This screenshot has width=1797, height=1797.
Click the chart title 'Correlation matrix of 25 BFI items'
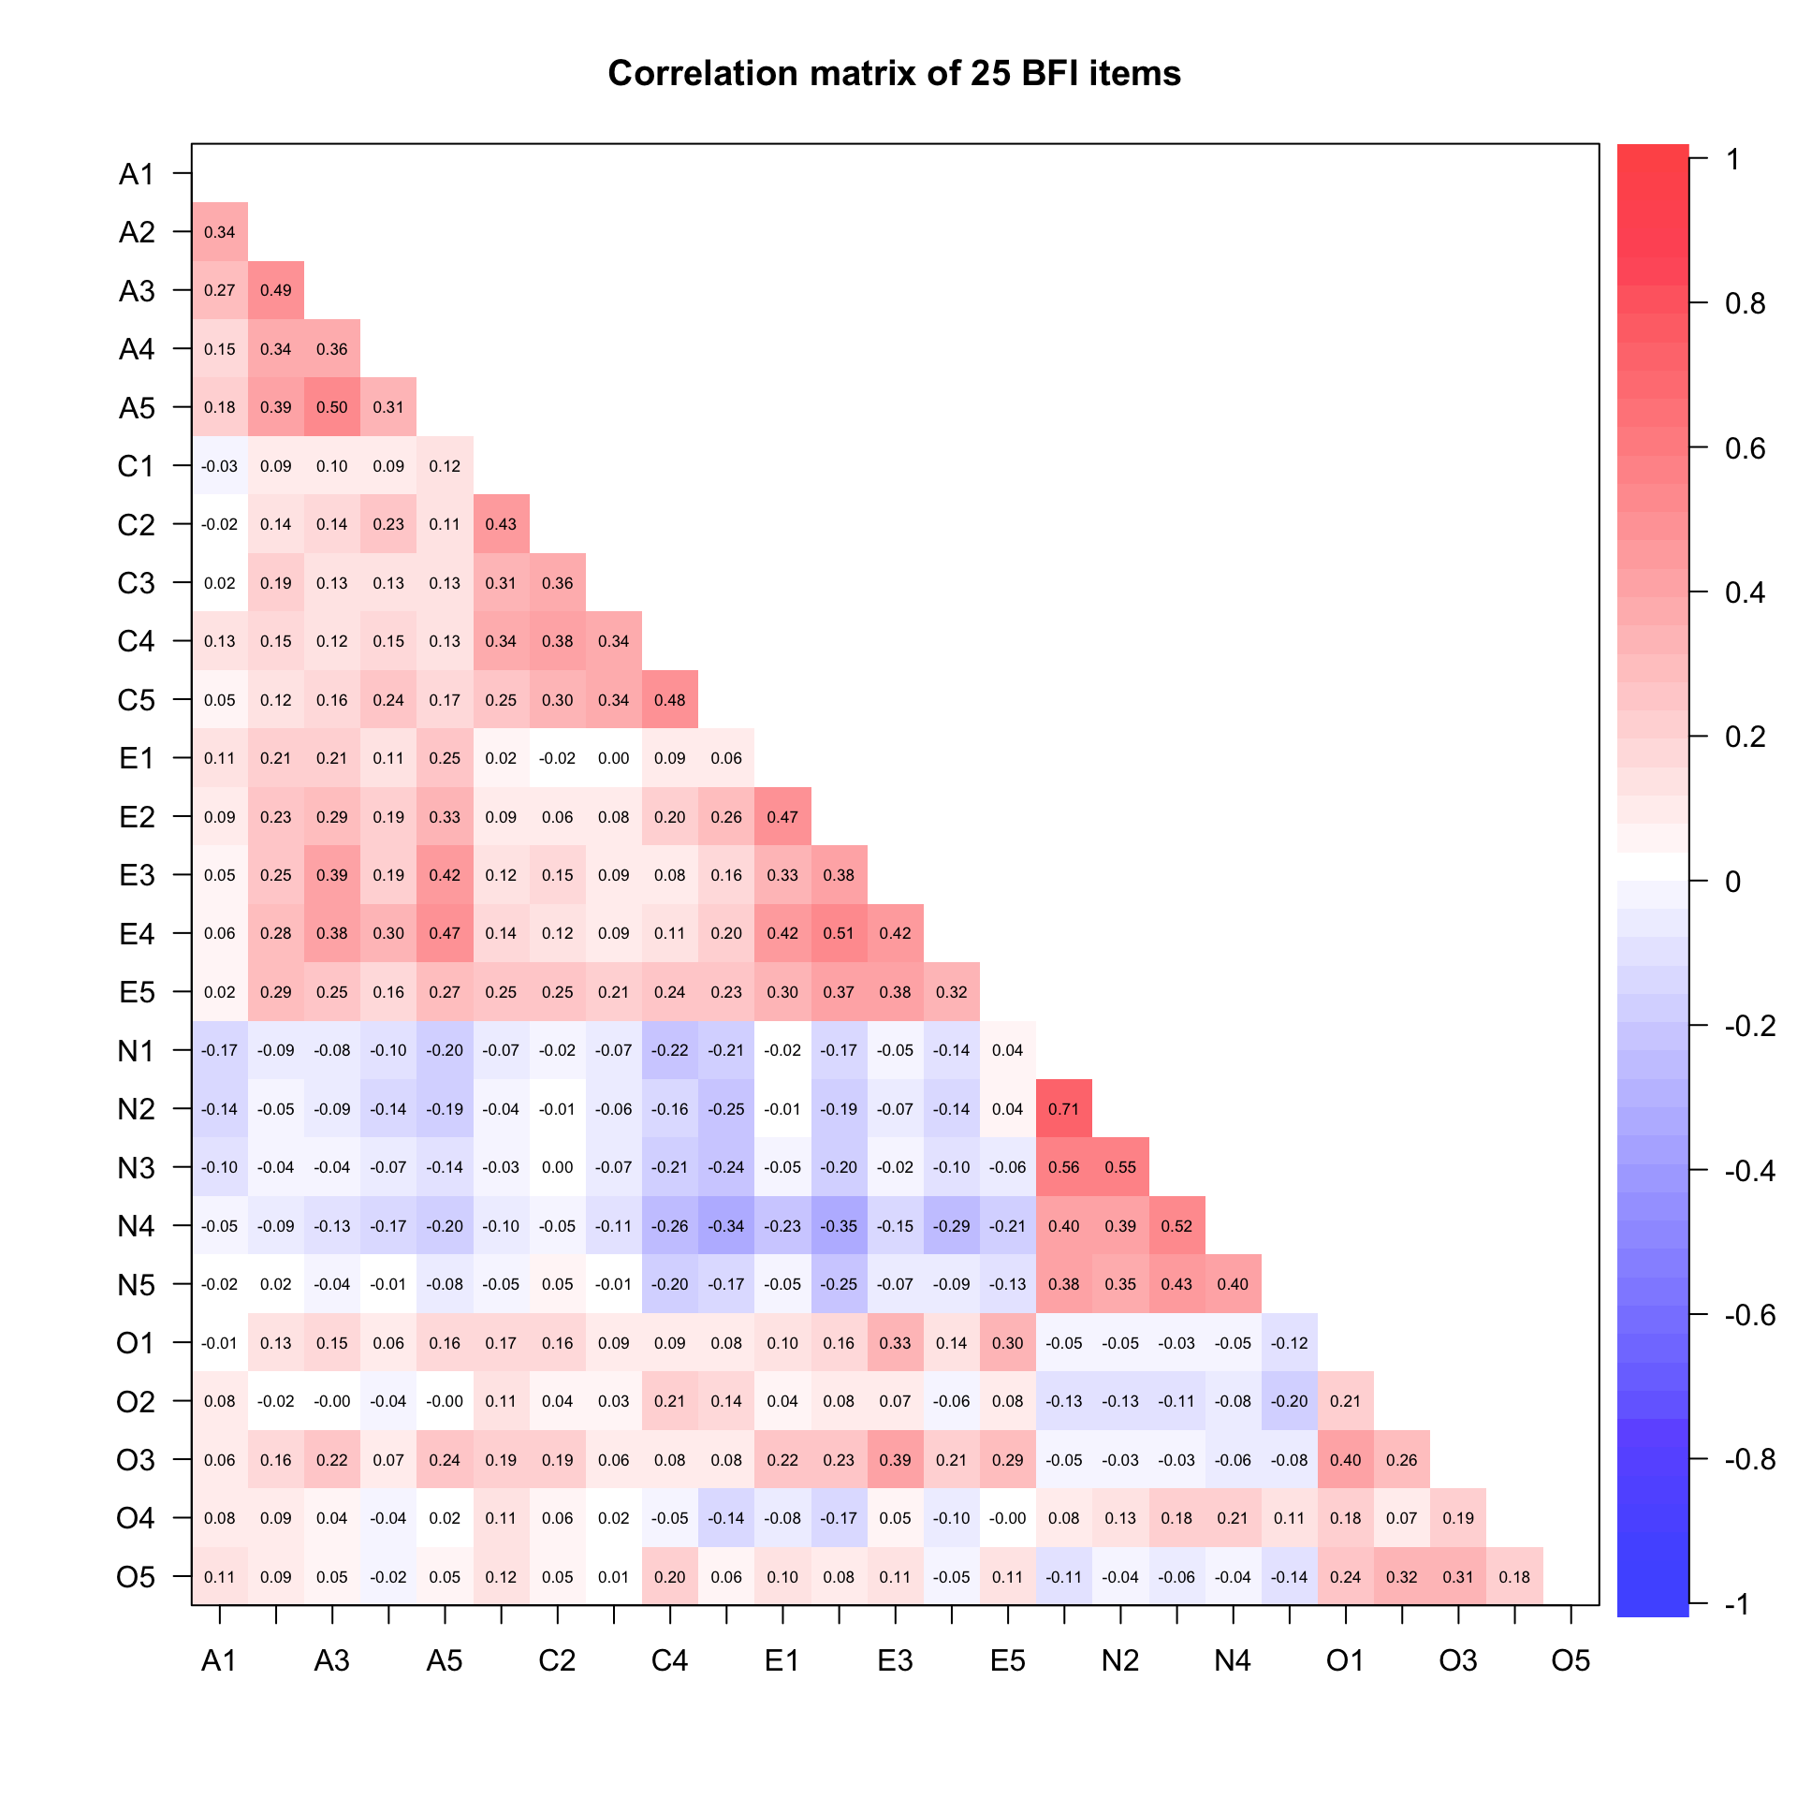[x=894, y=73]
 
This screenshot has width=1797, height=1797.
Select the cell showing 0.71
[x=1064, y=1109]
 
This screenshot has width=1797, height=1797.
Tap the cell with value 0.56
[x=1064, y=1167]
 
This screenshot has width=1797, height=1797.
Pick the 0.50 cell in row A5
[x=332, y=407]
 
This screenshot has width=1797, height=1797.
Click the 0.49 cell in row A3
[x=276, y=290]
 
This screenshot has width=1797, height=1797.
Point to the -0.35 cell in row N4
[x=839, y=1226]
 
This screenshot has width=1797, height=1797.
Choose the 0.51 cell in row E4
[x=839, y=933]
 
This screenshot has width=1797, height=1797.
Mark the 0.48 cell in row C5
[x=670, y=700]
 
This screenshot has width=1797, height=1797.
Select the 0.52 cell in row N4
[x=1176, y=1226]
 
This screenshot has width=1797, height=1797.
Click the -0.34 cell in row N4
[x=726, y=1226]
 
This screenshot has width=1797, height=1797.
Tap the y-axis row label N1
[x=136, y=1051]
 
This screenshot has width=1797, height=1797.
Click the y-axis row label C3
[x=136, y=583]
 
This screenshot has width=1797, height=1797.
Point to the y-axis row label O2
[x=136, y=1402]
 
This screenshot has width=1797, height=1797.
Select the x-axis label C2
[x=557, y=1660]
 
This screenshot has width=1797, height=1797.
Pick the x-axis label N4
[x=1233, y=1660]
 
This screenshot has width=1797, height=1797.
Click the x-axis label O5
[x=1571, y=1660]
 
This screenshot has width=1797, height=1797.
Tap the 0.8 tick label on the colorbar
[x=1745, y=303]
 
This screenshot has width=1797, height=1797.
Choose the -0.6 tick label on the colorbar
[x=1749, y=1315]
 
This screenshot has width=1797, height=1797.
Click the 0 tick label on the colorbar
[x=1732, y=882]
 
